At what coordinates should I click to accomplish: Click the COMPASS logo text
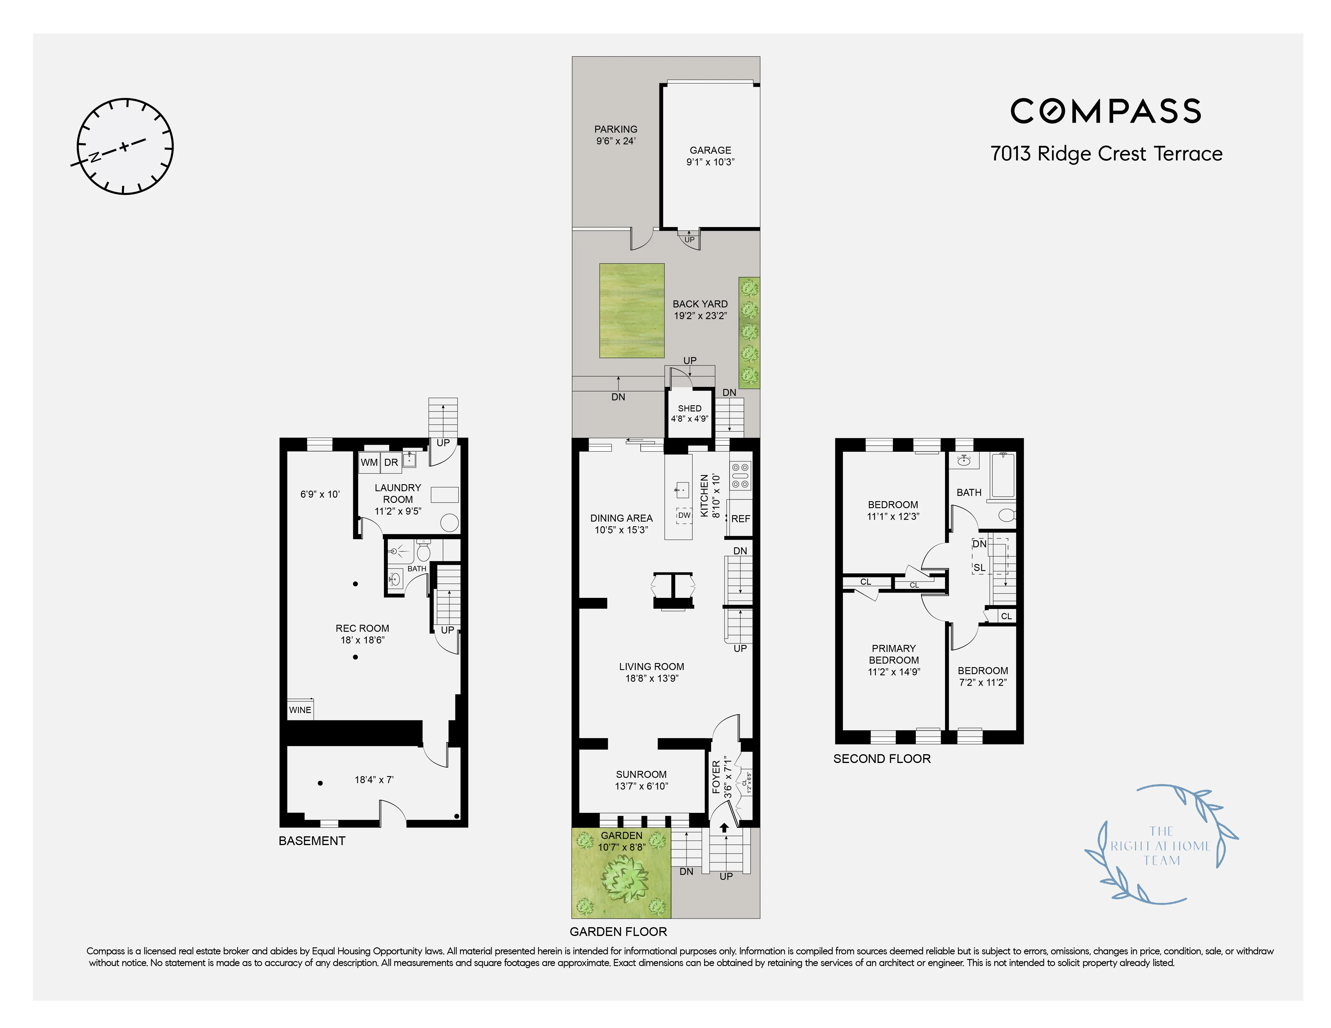click(1106, 111)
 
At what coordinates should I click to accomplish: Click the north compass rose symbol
click(125, 146)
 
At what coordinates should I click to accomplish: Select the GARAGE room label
click(710, 150)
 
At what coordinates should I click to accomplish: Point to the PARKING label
click(615, 129)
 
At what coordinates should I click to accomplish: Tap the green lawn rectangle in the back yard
click(631, 311)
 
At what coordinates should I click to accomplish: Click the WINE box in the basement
click(300, 709)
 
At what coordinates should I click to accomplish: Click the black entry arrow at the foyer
click(724, 828)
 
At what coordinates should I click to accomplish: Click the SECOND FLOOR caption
click(882, 759)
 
